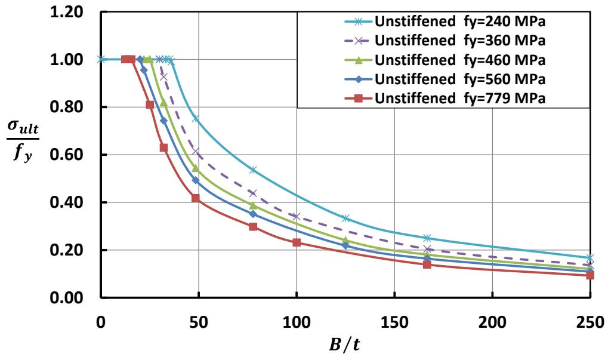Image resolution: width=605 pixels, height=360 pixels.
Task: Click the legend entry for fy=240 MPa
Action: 459,23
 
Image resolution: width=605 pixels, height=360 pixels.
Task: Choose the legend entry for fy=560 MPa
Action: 459,79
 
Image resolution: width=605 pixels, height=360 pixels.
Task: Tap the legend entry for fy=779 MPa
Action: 459,99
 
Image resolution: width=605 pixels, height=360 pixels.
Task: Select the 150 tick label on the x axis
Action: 394,322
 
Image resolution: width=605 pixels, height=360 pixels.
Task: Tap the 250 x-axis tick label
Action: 589,322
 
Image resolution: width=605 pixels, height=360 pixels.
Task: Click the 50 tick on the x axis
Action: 199,322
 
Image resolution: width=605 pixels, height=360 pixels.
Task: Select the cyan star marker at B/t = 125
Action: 345,218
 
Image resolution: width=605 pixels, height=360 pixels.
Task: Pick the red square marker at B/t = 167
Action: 427,264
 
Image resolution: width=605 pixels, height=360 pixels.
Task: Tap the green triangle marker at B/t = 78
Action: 253,205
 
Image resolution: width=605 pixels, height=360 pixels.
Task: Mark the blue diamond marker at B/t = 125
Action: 345,245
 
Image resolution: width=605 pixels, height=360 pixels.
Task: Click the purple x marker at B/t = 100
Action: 297,216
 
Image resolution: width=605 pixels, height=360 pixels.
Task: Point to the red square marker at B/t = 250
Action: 590,275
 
